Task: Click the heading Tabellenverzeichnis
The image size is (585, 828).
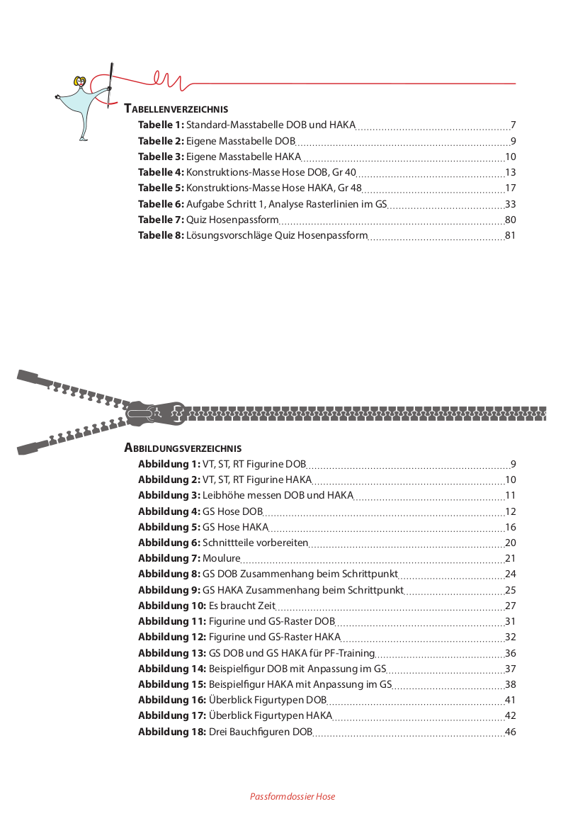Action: pos(176,109)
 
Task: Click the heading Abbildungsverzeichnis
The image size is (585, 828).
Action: pos(183,448)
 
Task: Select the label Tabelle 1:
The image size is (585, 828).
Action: pos(161,125)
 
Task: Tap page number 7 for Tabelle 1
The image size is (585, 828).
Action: pos(513,125)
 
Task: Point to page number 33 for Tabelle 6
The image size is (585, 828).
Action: pos(510,203)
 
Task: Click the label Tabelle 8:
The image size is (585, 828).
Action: pos(161,235)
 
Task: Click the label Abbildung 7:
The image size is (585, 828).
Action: pos(169,558)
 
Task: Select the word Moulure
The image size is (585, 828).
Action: pos(222,558)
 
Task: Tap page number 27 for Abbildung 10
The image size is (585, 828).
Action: pos(510,606)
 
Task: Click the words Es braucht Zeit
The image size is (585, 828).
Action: pos(242,606)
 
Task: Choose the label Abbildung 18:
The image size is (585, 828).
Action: pos(172,732)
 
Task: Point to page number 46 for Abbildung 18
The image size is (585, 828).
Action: pos(510,732)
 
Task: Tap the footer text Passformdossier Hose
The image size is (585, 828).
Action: pos(292,797)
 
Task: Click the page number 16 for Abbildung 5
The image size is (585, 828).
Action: pos(510,527)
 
